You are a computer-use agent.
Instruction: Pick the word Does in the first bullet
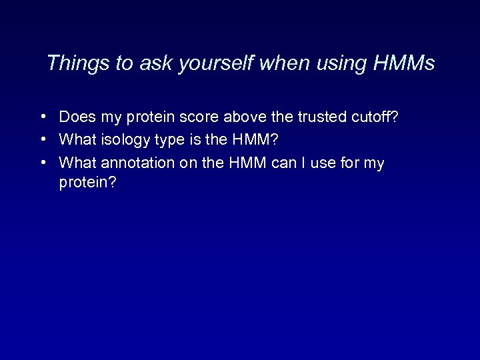click(75, 117)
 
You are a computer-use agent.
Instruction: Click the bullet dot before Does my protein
click(42, 117)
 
